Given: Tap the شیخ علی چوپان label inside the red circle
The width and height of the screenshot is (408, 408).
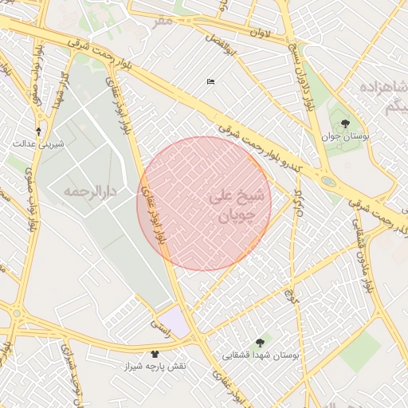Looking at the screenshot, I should pyautogui.click(x=234, y=205).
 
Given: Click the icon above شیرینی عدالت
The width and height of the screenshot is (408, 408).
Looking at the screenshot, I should pyautogui.click(x=38, y=131).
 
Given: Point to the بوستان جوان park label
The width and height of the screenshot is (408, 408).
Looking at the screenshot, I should pyautogui.click(x=344, y=136).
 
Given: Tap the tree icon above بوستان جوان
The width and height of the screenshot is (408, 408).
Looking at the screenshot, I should pyautogui.click(x=344, y=124).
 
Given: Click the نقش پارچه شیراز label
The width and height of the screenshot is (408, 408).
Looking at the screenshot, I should pyautogui.click(x=155, y=366).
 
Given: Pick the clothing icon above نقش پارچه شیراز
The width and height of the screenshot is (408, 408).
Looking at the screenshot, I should pyautogui.click(x=155, y=353).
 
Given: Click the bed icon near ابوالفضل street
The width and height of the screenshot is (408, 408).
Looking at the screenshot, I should pyautogui.click(x=210, y=81).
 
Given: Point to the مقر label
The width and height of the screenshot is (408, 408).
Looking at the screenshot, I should pyautogui.click(x=163, y=20).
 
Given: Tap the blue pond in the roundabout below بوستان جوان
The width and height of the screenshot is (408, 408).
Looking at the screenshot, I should pyautogui.click(x=328, y=181).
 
